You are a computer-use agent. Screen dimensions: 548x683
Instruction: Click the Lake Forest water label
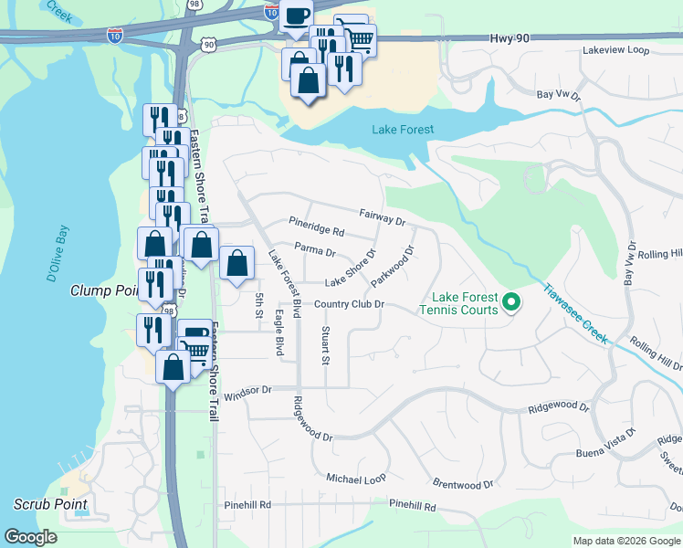pos(402,130)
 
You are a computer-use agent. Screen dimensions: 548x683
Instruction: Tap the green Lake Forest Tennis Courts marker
pos(511,300)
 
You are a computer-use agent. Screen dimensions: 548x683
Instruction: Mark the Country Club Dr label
pos(349,304)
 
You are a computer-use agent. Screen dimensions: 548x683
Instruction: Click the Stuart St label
pos(325,344)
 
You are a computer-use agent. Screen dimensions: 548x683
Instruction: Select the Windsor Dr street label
pos(247,390)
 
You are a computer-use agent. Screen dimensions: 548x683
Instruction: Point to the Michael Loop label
pos(356,478)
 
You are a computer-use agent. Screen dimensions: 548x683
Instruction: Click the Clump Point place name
pos(103,290)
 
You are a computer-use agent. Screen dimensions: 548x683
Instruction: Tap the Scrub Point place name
pos(50,503)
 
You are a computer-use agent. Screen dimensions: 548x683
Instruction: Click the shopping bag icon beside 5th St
pos(236,264)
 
